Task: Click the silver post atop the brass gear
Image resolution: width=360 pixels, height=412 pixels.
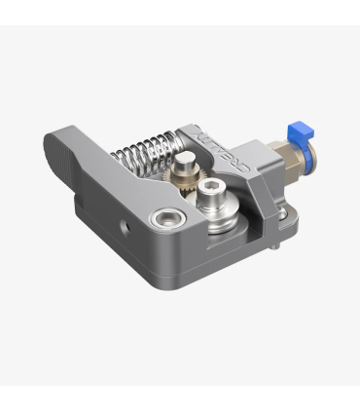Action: pyautogui.click(x=184, y=162)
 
